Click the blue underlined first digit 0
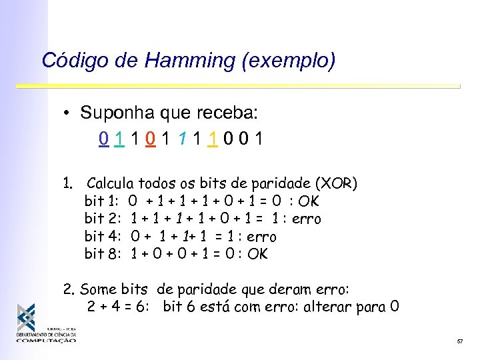102,139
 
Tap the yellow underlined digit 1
211,139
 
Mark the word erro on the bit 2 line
307,219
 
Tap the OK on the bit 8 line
257,254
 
